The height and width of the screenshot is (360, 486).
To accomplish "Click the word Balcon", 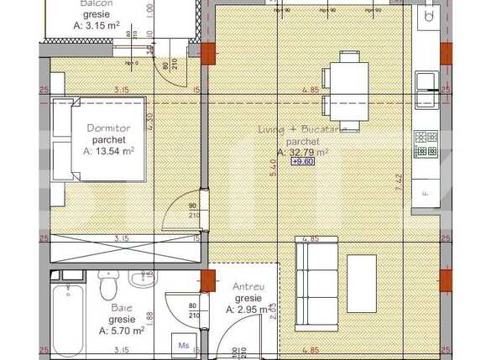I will [98, 3].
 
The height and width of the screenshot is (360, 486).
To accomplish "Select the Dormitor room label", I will [104, 128].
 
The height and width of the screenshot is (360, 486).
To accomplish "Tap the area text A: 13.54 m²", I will [108, 152].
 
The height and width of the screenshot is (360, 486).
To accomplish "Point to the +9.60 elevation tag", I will [303, 162].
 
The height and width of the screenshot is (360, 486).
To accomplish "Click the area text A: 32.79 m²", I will [302, 152].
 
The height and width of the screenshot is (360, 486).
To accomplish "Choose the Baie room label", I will [121, 308].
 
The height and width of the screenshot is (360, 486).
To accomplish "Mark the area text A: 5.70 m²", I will [121, 331].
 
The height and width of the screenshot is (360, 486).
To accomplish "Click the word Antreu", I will [248, 287].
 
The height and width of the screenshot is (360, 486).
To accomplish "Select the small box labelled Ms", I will [184, 343].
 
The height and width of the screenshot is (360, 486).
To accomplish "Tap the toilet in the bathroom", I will [107, 289].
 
